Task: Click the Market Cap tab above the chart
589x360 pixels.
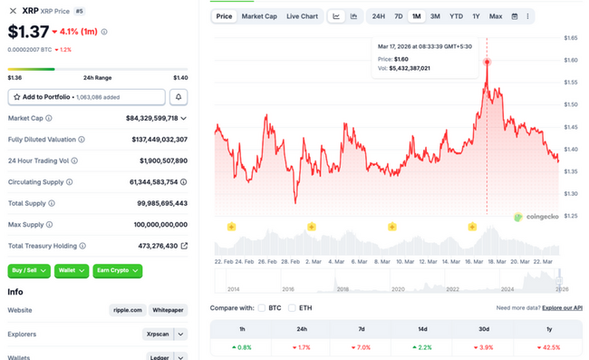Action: click(259, 16)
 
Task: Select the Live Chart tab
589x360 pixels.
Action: click(302, 16)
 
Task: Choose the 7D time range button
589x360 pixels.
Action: click(398, 16)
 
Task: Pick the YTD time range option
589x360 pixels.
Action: click(456, 16)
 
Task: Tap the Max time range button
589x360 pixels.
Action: click(495, 16)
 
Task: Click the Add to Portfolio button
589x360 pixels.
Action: click(86, 96)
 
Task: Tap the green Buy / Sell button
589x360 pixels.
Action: click(27, 270)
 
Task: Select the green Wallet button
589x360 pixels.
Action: click(66, 270)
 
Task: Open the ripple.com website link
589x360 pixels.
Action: click(128, 310)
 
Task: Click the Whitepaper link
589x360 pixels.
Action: click(168, 310)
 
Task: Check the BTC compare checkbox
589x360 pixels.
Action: click(262, 307)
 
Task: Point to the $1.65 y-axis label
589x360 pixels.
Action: click(571, 38)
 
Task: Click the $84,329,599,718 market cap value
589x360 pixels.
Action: click(152, 118)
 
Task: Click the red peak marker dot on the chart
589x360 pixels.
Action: click(487, 62)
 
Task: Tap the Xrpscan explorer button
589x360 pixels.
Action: click(157, 334)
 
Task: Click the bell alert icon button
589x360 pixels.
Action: click(179, 96)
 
